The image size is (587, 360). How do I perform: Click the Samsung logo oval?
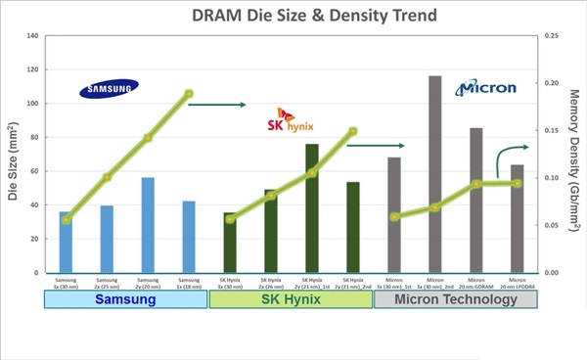click(x=109, y=90)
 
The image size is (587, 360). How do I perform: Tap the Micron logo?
click(x=486, y=89)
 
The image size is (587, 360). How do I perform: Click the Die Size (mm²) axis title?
click(x=13, y=155)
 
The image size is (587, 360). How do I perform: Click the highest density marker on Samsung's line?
click(x=189, y=94)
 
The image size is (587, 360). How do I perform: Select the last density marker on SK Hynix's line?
click(x=353, y=131)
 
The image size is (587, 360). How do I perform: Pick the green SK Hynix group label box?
click(x=291, y=300)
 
